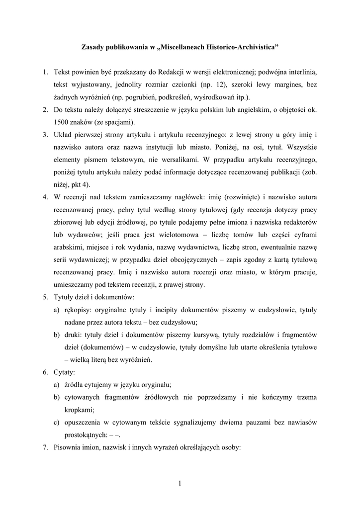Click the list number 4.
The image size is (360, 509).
pos(45,197)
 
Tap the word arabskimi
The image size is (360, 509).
pos(70,248)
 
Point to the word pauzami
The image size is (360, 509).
pos(253,423)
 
